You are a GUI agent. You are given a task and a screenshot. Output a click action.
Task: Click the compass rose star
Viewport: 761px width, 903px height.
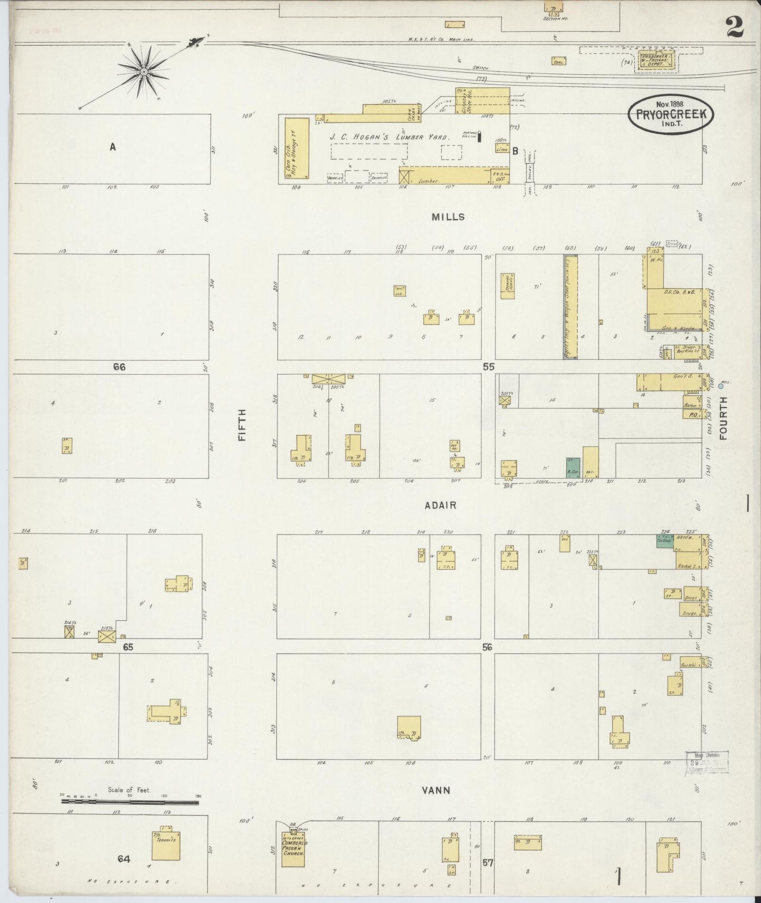[143, 71]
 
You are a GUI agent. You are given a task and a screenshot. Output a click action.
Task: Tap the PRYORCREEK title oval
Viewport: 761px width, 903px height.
[671, 114]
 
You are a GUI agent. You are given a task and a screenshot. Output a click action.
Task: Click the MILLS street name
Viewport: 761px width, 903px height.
[448, 217]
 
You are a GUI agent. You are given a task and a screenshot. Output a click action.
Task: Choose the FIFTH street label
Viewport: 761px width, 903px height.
[243, 426]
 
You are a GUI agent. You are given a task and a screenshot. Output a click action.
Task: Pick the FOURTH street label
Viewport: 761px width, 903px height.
[723, 418]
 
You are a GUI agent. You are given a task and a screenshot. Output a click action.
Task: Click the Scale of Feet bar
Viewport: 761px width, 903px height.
[130, 802]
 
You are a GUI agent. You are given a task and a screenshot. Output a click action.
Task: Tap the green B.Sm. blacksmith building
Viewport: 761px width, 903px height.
[573, 467]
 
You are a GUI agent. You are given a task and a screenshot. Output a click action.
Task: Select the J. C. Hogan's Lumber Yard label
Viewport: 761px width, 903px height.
[389, 138]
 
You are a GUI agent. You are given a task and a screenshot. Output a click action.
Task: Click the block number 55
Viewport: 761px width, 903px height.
[488, 367]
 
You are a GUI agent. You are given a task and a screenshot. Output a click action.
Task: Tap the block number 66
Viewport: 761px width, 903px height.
[119, 367]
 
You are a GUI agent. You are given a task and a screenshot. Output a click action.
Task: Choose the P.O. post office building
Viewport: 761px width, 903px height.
[691, 415]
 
